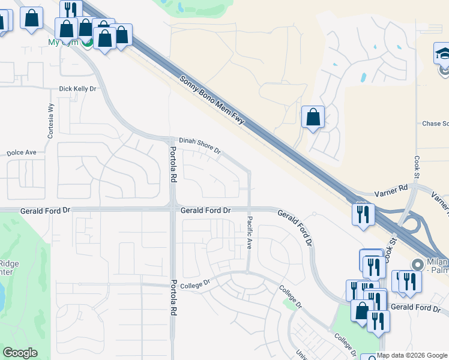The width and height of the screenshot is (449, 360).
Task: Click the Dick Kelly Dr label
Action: [77, 89]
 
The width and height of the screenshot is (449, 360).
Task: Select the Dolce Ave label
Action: [22, 153]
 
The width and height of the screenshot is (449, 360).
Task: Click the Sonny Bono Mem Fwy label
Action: [213, 100]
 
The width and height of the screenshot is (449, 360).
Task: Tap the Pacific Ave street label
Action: [250, 233]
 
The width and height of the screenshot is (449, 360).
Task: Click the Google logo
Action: [20, 353]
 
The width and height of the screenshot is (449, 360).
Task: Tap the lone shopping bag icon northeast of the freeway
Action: [313, 116]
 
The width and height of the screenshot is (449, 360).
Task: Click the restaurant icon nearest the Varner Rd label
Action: [363, 214]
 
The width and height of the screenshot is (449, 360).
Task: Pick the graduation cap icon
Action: [443, 53]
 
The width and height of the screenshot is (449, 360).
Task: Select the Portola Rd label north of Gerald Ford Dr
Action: [172, 165]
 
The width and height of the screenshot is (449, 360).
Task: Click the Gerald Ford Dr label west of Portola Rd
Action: [46, 211]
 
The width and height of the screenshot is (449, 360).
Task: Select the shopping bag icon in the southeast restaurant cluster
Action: [361, 311]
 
